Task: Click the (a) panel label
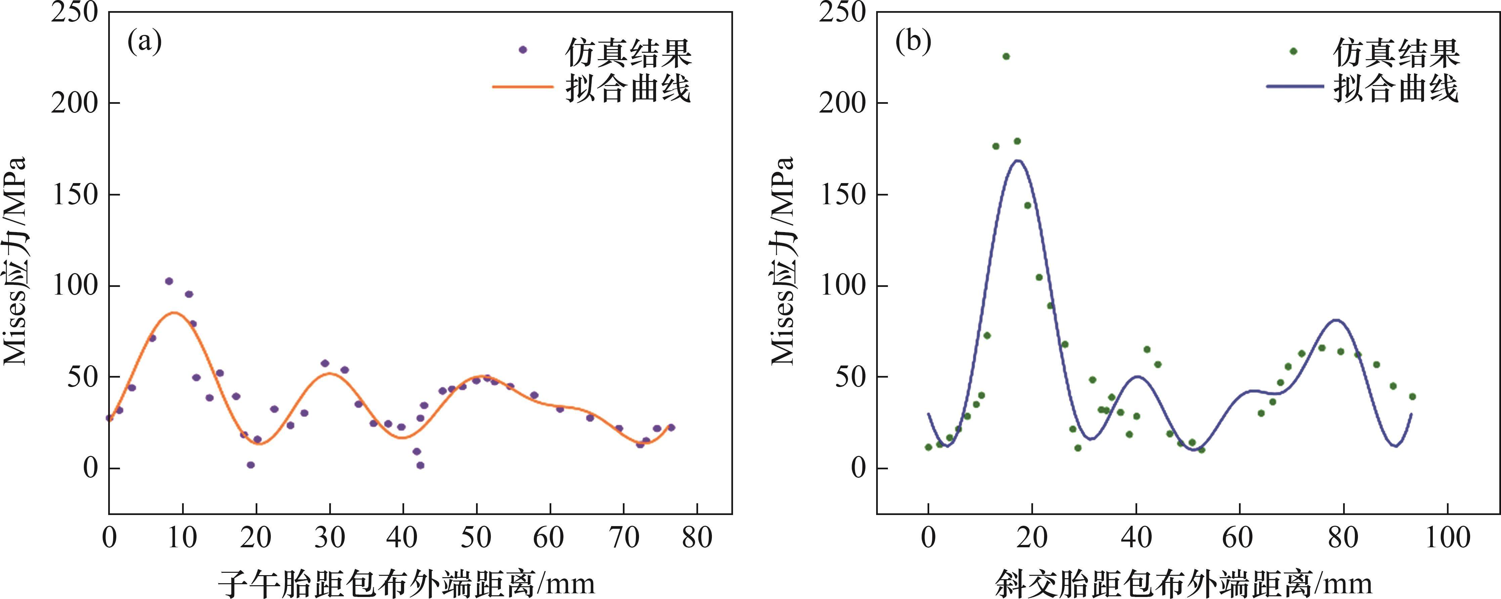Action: tap(144, 43)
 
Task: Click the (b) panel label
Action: tap(913, 43)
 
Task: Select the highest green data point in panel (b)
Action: tap(1006, 56)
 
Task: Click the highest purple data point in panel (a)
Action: tap(169, 281)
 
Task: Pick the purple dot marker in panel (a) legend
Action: tap(523, 50)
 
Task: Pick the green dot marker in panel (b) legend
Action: tap(1293, 51)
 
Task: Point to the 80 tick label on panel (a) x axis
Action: tap(697, 537)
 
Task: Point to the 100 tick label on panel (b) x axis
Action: tap(1447, 537)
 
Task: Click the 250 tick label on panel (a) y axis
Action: tap(74, 13)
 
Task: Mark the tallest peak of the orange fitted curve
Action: tap(174, 312)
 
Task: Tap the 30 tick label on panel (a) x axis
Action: tap(330, 537)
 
